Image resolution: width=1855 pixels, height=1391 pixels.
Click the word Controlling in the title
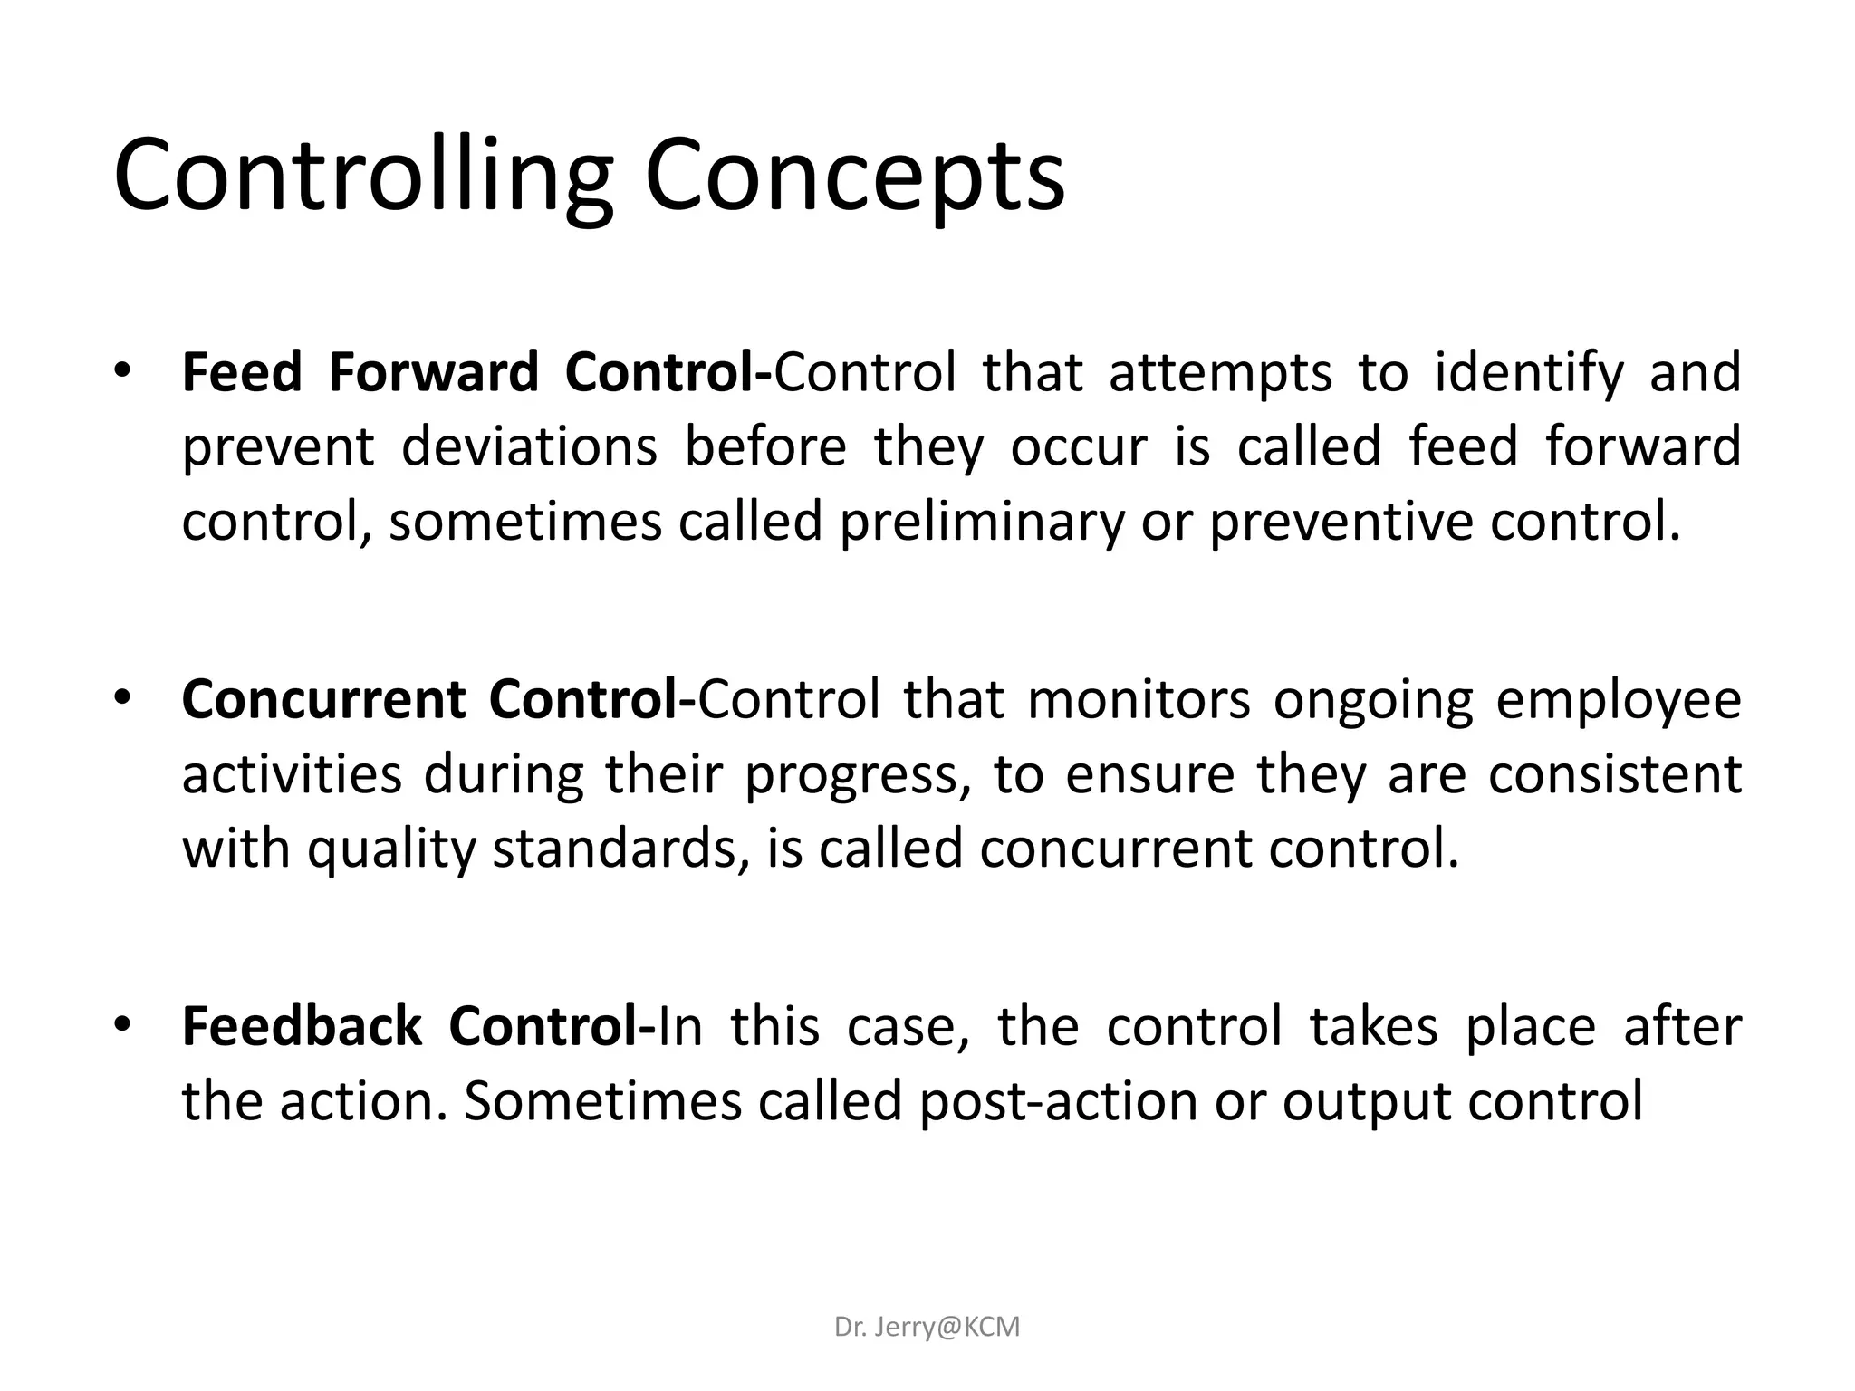coord(363,174)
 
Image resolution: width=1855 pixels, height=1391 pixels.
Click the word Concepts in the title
coord(854,174)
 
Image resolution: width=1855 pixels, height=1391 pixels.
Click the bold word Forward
coord(433,372)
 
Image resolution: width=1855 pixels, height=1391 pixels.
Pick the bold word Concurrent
coord(323,700)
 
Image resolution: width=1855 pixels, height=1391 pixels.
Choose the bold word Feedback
coord(303,1027)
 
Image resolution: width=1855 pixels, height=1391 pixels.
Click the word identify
coord(1530,374)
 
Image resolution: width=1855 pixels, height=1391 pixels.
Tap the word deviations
coord(529,447)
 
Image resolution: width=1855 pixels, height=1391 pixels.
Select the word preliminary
coord(982,523)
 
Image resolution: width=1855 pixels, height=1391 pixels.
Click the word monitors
coord(1139,700)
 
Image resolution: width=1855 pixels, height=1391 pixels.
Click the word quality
coord(391,850)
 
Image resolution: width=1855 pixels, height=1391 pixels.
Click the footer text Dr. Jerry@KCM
coord(927,1327)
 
